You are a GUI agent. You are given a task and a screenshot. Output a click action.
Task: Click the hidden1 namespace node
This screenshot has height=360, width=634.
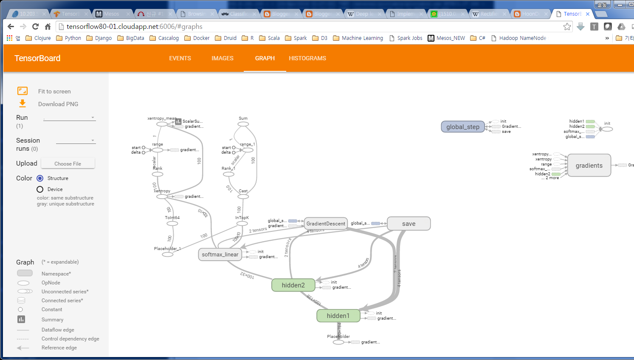tap(338, 316)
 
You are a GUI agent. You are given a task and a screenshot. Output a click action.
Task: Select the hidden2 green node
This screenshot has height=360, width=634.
tap(293, 285)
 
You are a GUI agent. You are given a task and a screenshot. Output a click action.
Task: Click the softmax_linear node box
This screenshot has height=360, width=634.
tap(220, 254)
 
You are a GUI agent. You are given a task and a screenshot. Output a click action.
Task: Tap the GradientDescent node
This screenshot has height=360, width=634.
tap(326, 224)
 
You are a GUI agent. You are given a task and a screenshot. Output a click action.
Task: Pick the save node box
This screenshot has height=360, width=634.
tap(409, 224)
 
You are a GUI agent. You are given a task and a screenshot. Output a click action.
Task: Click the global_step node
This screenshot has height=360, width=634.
tap(462, 127)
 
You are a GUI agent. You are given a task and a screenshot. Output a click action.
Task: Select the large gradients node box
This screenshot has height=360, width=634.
tap(589, 166)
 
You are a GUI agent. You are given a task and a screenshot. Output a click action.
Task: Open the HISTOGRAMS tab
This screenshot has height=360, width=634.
tap(307, 58)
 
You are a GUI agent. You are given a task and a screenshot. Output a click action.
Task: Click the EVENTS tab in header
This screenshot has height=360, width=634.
tap(180, 58)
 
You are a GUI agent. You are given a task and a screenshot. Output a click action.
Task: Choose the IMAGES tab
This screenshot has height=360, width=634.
tap(223, 58)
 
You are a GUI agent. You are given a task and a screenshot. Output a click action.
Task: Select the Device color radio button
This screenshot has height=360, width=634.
tap(40, 189)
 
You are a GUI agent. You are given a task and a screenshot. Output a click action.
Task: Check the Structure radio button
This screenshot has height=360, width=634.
tap(40, 178)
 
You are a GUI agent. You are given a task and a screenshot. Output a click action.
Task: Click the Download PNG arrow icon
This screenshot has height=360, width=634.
tap(23, 104)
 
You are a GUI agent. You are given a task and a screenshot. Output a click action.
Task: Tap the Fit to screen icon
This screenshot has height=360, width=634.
tap(23, 91)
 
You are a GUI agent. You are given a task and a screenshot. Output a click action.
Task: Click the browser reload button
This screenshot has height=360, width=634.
tap(36, 26)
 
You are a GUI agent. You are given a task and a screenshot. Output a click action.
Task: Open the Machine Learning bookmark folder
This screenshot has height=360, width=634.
tap(358, 38)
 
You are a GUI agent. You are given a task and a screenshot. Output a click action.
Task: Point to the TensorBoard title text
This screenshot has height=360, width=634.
tap(37, 58)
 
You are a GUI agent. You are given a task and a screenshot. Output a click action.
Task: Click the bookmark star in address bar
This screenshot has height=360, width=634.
tap(567, 27)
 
